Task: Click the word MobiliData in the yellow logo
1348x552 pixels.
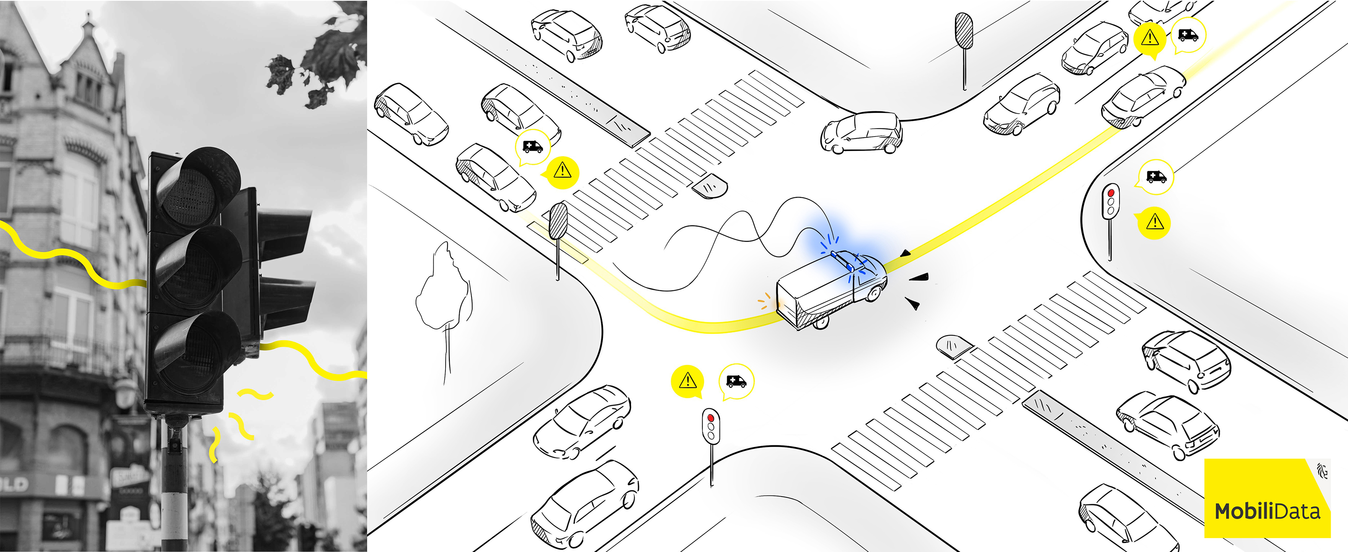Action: click(x=1267, y=511)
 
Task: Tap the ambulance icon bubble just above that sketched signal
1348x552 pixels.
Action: click(x=1155, y=176)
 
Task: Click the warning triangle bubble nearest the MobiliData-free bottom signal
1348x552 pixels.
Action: click(x=688, y=380)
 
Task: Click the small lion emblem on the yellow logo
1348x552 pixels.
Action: click(x=1322, y=470)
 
